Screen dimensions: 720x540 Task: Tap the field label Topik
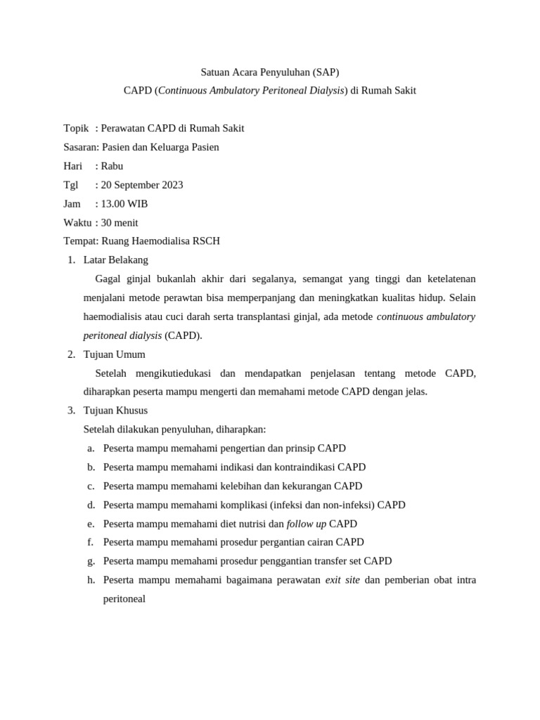[76, 129]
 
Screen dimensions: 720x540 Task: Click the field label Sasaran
[80, 147]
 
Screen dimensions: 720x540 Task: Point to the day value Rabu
[112, 166]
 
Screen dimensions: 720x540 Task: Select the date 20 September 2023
[142, 185]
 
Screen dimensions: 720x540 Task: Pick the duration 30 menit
[120, 222]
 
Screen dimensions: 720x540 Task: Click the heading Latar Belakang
[115, 260]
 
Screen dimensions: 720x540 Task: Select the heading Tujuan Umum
[114, 354]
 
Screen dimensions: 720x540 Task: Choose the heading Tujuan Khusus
[115, 411]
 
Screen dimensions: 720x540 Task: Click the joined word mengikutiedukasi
[169, 373]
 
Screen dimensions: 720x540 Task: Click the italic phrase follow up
[307, 524]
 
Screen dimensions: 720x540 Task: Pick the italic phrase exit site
[342, 580]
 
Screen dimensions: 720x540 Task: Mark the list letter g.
[91, 561]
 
